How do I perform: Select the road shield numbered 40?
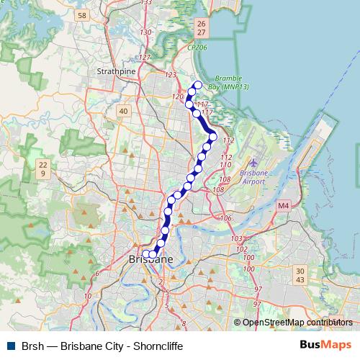[123, 111]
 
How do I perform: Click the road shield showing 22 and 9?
[43, 169]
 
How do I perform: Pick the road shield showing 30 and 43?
[300, 275]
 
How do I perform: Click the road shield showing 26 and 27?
[200, 28]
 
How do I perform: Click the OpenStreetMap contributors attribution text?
[297, 323]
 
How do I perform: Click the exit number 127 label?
[145, 58]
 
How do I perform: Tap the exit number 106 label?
[225, 217]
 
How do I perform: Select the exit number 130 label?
[147, 32]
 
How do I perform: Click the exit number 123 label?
[171, 75]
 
